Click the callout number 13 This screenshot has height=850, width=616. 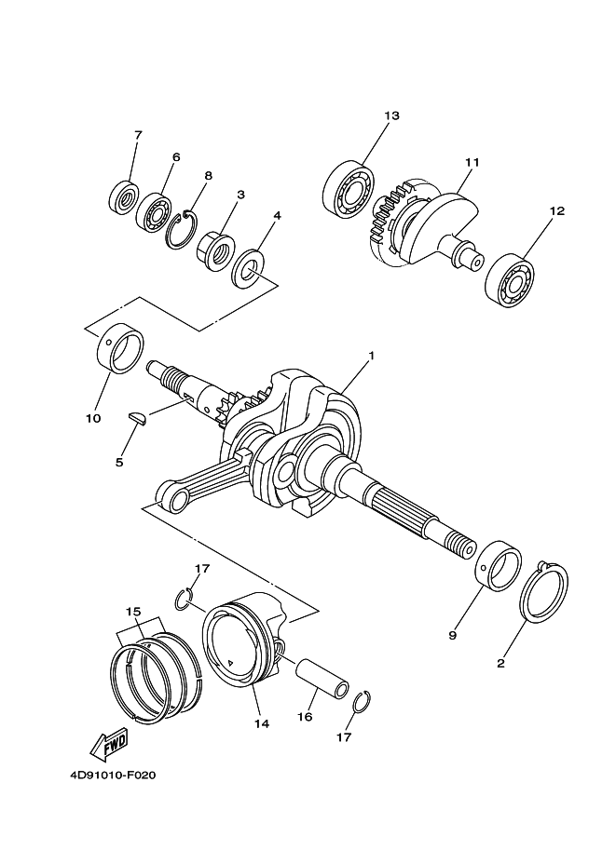(x=390, y=115)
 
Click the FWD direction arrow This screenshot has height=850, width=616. (x=108, y=744)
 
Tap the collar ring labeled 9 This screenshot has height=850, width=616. (x=497, y=567)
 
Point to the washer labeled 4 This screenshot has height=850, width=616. (x=251, y=269)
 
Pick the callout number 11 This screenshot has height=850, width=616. (x=472, y=162)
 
